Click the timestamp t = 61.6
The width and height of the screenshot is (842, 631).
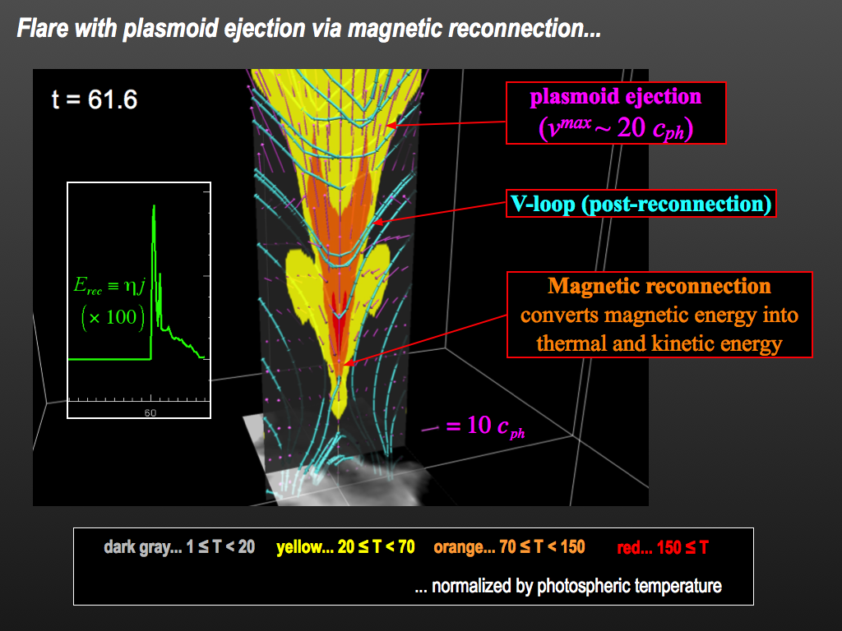(95, 99)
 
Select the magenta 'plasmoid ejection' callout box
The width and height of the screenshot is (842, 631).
(616, 113)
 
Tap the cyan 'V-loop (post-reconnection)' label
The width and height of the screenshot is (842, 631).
(641, 204)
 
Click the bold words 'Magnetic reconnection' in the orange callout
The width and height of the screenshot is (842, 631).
(659, 286)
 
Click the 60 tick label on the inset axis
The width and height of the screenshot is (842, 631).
(150, 412)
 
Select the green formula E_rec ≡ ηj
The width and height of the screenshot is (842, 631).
(109, 285)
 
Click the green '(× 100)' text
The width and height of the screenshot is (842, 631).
(113, 317)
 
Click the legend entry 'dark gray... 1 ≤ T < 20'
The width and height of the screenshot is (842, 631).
(179, 546)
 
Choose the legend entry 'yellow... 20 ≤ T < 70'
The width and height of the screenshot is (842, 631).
(345, 546)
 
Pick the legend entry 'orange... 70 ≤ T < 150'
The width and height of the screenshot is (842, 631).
(509, 546)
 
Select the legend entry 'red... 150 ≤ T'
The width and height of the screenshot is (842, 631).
(663, 547)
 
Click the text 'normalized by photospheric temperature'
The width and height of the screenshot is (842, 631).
(576, 586)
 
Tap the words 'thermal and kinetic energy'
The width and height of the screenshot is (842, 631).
(659, 343)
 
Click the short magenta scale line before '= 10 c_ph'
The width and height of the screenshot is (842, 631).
(430, 429)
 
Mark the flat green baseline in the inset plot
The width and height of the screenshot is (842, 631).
(109, 359)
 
